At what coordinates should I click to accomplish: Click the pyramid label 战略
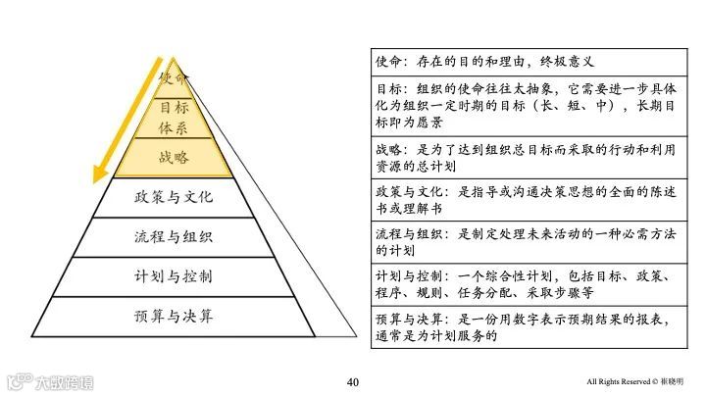pos(174,157)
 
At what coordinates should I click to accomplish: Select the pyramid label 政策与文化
pos(174,197)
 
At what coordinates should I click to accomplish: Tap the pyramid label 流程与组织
pos(174,236)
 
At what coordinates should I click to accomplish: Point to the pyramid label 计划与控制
pos(174,275)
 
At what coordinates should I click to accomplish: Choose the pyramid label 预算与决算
pos(174,316)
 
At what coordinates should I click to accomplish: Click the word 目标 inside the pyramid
pos(174,107)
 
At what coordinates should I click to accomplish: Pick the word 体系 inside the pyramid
pos(174,127)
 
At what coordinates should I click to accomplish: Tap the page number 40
pos(353,380)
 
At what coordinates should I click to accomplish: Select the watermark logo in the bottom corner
pos(49,380)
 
